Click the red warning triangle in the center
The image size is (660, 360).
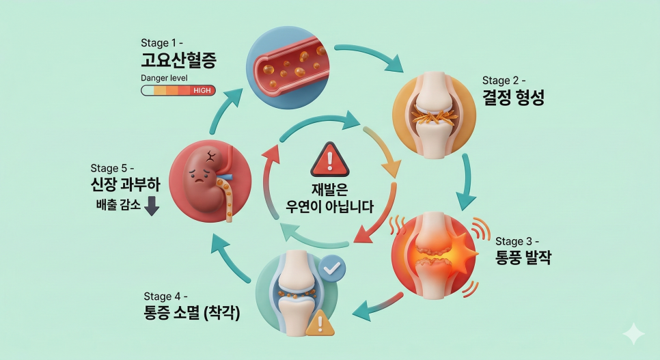pos(329,159)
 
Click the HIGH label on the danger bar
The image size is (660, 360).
pos(202,91)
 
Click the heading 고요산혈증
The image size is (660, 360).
pos(179,61)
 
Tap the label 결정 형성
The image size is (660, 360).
pos(513,98)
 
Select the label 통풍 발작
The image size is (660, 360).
pos(523,258)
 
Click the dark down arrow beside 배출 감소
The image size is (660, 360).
pos(152,205)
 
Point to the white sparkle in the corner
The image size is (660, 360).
pos(633,333)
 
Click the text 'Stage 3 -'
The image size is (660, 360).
pos(517,241)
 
